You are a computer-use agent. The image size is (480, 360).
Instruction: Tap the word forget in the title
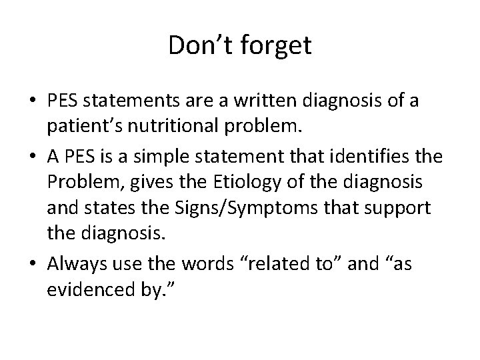[x=273, y=45]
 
